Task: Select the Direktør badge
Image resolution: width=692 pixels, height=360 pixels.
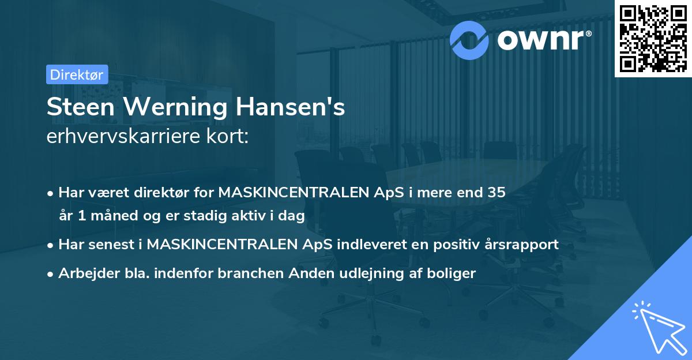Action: tap(77, 74)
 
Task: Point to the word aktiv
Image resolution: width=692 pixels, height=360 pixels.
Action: tap(240, 216)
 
